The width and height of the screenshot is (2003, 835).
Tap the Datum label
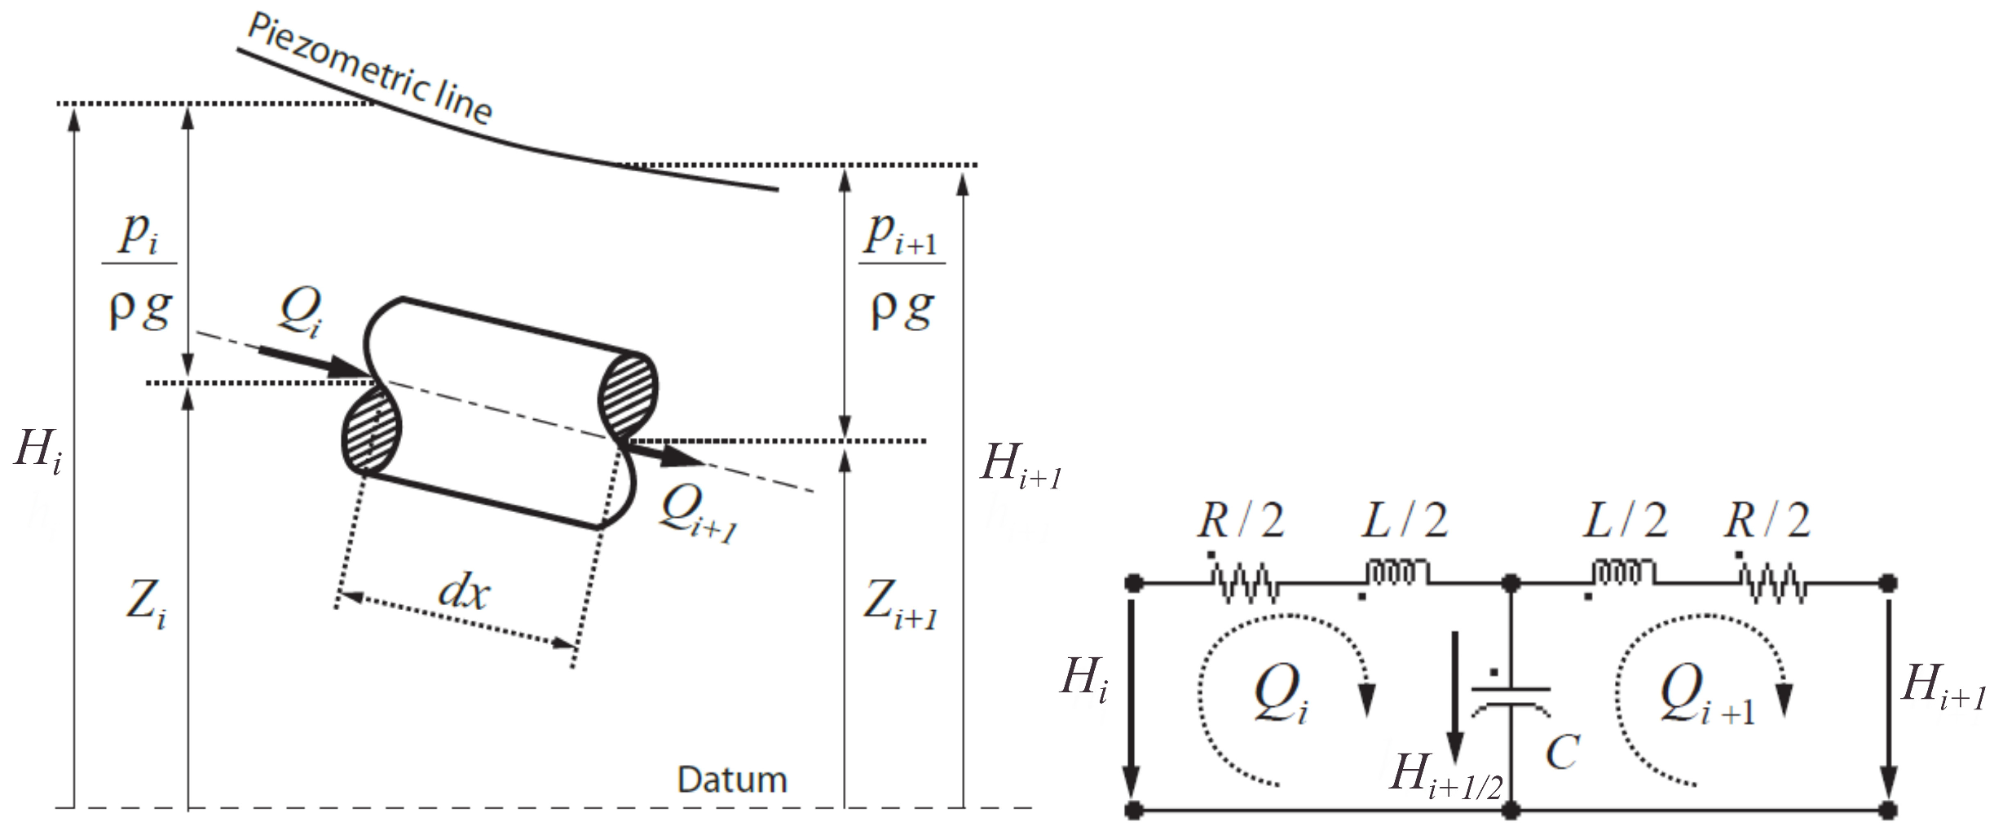[731, 780]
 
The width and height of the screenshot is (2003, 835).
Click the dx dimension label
[463, 592]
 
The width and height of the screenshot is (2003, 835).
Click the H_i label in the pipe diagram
[38, 451]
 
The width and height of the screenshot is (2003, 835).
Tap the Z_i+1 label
[899, 606]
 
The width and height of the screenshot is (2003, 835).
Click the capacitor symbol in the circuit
[1510, 700]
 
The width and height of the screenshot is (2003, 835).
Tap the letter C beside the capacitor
[1562, 752]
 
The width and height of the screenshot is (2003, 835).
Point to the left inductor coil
[1397, 572]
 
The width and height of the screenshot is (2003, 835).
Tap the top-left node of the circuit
[1132, 583]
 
